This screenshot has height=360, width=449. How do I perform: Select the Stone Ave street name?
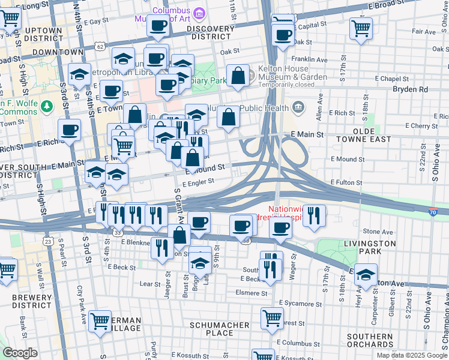378,231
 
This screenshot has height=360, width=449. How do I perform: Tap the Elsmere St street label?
252,293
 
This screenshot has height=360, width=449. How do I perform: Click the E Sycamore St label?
301,303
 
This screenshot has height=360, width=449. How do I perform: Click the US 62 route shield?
100,46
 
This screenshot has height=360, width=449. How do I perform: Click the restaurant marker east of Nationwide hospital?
314,215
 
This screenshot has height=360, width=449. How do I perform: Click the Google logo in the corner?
21,353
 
